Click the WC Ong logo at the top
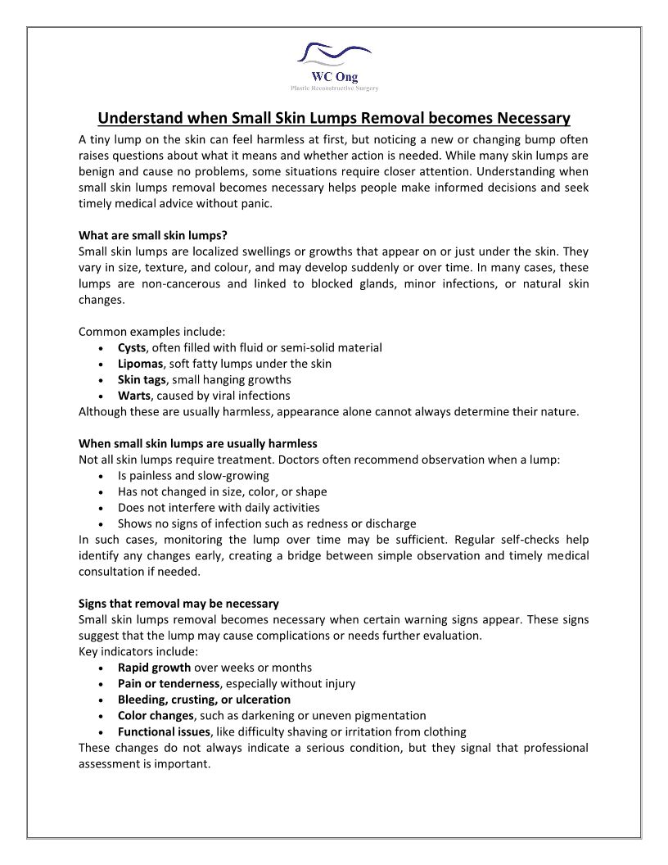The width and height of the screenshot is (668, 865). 334,61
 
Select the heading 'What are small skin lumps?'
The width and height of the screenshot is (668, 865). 152,236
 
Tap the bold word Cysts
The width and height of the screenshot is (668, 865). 132,347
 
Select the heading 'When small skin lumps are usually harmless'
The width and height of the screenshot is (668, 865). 197,444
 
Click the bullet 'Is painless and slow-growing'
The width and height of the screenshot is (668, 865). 193,475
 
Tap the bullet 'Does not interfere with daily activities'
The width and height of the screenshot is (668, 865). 219,507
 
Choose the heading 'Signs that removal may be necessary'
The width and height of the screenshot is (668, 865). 178,604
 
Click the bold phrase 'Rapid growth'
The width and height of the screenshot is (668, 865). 154,668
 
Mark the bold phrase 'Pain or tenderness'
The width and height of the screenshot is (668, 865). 169,683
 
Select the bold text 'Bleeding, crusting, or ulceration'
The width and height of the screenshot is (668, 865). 204,700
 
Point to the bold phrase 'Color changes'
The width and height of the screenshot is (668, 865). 156,715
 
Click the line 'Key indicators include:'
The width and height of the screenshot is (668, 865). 138,651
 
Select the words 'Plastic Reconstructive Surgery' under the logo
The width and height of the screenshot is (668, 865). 334,88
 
